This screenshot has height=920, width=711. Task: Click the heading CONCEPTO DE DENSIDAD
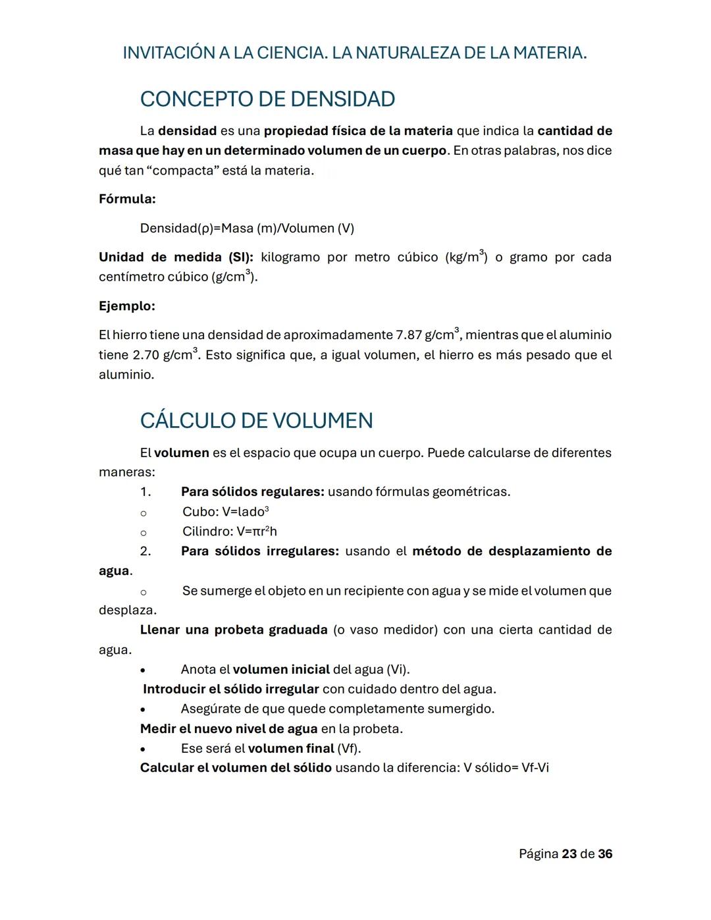tap(267, 99)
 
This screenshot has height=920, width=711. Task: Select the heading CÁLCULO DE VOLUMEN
tap(256, 421)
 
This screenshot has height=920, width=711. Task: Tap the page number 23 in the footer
tap(569, 854)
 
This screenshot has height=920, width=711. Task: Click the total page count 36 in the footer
tap(605, 854)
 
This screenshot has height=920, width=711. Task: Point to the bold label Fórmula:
tap(127, 199)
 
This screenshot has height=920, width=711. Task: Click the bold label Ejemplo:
tap(127, 306)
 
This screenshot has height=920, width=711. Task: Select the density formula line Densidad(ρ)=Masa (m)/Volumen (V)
tap(247, 229)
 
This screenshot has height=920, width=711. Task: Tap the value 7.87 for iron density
tap(408, 335)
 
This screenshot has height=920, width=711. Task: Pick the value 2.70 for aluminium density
tap(145, 356)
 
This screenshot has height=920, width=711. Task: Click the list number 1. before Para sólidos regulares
tap(145, 492)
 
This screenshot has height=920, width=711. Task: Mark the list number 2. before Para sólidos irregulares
tap(145, 551)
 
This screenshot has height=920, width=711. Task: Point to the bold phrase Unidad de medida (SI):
tap(176, 257)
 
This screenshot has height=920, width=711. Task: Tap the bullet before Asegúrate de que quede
tap(143, 710)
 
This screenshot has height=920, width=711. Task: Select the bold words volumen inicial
tap(281, 670)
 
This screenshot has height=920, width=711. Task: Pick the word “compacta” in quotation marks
tap(182, 171)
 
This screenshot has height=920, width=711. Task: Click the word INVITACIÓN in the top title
tap(168, 53)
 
